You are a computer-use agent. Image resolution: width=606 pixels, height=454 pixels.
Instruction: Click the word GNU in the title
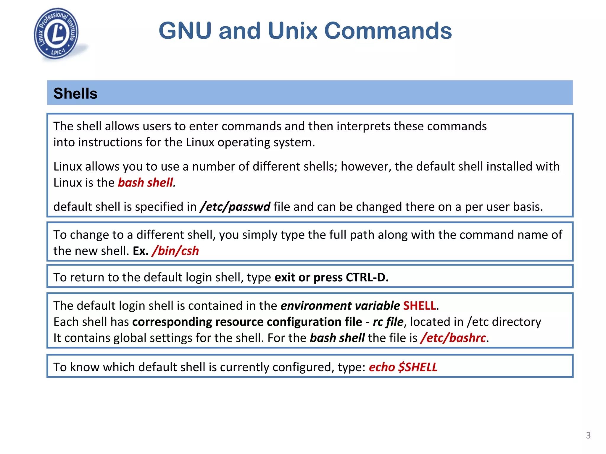pos(185,30)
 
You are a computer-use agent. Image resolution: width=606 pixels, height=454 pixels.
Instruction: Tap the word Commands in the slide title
pos(388,30)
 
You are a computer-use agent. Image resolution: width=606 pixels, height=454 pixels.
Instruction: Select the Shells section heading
pos(75,93)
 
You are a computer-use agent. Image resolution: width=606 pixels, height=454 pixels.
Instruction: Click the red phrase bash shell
pos(145,183)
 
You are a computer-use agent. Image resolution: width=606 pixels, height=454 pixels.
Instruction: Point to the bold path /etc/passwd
pos(235,207)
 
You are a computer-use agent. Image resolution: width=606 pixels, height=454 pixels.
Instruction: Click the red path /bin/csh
pos(175,251)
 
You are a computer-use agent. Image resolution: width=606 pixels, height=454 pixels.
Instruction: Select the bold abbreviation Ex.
pos(141,251)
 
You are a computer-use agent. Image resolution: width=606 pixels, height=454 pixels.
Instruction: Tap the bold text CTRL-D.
pos(367,278)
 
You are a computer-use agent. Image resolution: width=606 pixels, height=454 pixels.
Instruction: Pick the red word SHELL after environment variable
pos(420,306)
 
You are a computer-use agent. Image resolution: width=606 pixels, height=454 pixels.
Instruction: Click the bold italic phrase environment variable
pos(340,306)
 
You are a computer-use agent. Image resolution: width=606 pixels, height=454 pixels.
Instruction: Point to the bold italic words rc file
pos(388,322)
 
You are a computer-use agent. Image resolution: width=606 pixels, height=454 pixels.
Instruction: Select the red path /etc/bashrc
pos(453,338)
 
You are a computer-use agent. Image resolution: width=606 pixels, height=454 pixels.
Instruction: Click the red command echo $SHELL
pos(403,367)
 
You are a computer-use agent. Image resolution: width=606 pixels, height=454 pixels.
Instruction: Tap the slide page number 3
pos(588,435)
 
